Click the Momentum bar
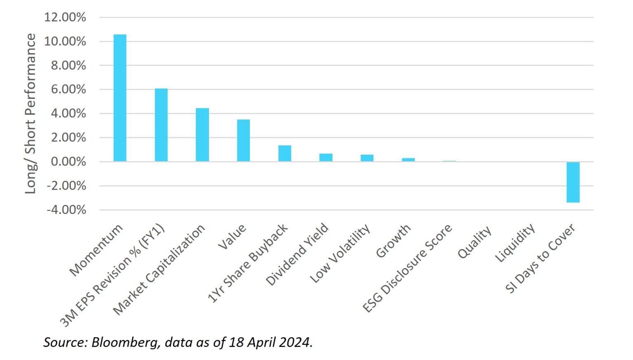tap(120, 98)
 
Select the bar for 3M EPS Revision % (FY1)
tap(161, 125)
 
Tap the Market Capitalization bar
tap(202, 135)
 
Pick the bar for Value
tap(244, 140)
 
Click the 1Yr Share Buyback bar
tap(285, 153)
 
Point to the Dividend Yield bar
tap(326, 158)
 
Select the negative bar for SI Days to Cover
tap(573, 182)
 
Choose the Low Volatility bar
tap(367, 158)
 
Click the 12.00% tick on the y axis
tap(65, 17)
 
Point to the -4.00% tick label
tap(66, 210)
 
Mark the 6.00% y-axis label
tap(68, 89)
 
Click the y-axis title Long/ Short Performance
tap(30, 113)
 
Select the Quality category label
tap(475, 242)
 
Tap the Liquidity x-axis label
tap(515, 243)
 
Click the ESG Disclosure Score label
tap(407, 268)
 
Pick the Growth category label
tap(393, 241)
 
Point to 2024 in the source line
tap(295, 342)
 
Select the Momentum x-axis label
tap(96, 250)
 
